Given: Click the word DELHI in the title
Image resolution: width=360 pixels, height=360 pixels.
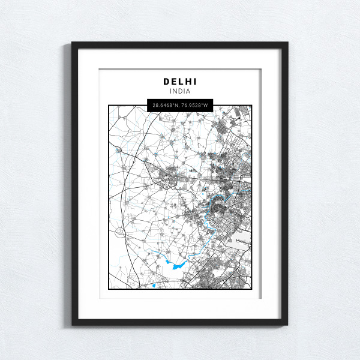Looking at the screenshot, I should [180, 81].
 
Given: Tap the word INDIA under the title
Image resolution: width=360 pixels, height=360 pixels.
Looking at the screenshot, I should [180, 91].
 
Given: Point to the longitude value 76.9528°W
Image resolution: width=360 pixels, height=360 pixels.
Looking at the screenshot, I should [194, 106].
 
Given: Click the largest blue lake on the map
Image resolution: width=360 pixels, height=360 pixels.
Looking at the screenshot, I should [178, 265].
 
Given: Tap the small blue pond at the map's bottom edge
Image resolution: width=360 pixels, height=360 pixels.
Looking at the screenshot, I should [154, 286].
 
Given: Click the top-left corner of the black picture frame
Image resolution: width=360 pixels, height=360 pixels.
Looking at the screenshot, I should [73, 43].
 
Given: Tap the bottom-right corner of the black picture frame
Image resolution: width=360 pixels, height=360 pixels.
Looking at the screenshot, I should [287, 325].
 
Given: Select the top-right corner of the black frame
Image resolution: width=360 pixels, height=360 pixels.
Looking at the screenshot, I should [287, 43].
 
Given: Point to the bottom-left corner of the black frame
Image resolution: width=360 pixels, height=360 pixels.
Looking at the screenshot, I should [73, 325].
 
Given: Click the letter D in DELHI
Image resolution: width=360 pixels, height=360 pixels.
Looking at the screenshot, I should [166, 81].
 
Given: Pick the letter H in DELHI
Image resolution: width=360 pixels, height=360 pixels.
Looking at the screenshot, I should [187, 81].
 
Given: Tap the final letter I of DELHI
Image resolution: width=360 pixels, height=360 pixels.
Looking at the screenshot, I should [195, 81].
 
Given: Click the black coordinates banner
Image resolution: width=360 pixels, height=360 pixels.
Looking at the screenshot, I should [180, 106].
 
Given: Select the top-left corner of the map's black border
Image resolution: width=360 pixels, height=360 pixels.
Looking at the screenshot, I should [109, 106].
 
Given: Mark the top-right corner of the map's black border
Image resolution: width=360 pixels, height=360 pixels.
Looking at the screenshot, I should [252, 106].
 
